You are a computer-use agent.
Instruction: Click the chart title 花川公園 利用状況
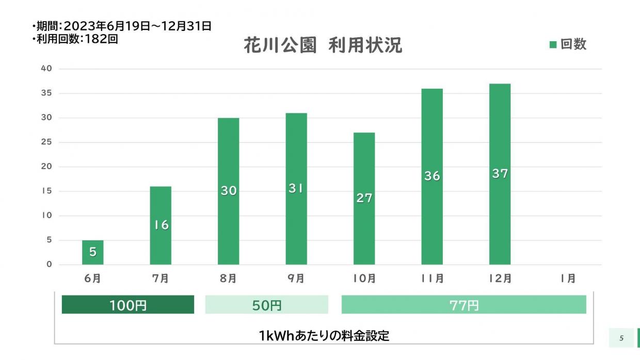point(323,46)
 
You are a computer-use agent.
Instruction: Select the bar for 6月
point(93,252)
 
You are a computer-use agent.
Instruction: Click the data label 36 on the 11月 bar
point(432,176)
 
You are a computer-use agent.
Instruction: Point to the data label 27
point(364,198)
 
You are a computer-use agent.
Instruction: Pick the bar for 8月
point(228,191)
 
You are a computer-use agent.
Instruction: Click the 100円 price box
point(128,305)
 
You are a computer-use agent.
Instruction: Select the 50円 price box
point(267,305)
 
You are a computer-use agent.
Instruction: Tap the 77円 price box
point(463,305)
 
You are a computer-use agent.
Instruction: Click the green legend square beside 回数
point(553,45)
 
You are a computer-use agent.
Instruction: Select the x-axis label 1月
point(568,279)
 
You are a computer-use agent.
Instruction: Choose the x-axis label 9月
point(296,279)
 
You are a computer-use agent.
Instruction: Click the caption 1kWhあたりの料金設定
point(324,336)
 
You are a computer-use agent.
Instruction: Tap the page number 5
point(621,338)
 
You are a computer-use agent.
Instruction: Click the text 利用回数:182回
point(75,39)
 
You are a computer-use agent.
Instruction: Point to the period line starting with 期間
point(122,26)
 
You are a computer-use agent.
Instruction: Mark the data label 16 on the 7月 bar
point(161,225)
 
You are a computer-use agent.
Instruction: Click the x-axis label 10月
point(364,279)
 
